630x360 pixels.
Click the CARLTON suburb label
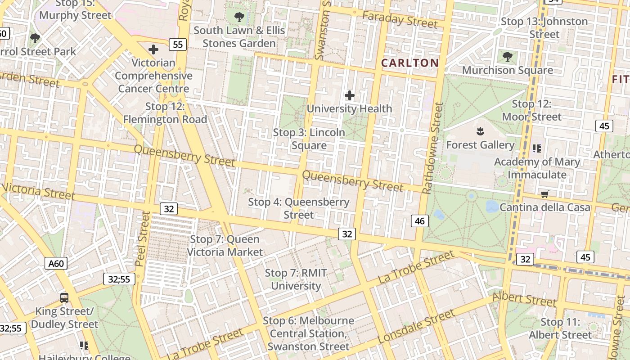click(x=409, y=63)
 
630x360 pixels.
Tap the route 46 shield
click(x=420, y=221)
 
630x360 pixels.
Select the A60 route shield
click(x=56, y=263)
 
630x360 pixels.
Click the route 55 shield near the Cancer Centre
click(x=178, y=44)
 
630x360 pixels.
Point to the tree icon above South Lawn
click(x=239, y=17)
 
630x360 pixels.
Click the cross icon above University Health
click(x=349, y=95)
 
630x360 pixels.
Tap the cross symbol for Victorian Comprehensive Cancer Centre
click(x=153, y=49)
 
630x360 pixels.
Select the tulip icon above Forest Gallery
click(x=480, y=132)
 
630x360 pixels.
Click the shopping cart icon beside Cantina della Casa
click(x=545, y=194)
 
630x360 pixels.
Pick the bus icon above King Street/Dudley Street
click(x=64, y=297)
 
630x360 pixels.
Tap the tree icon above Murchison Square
click(x=508, y=57)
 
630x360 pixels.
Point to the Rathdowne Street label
click(x=433, y=148)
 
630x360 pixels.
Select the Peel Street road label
click(x=142, y=239)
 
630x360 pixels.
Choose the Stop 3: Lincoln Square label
click(x=309, y=139)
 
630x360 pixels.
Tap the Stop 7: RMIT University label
click(x=296, y=279)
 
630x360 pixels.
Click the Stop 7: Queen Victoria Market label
click(x=225, y=246)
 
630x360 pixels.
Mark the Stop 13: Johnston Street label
click(x=544, y=28)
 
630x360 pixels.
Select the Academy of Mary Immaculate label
click(x=537, y=168)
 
